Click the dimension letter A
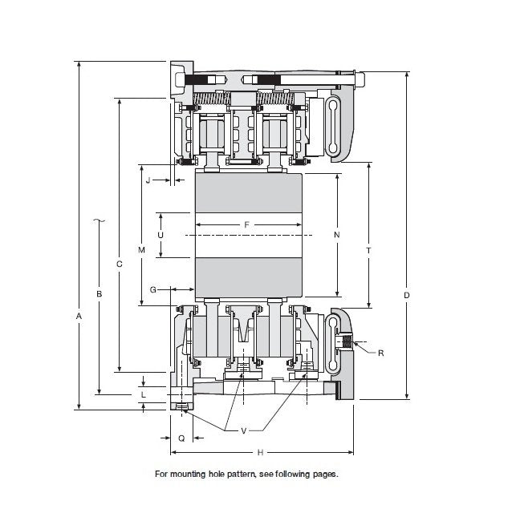[x=79, y=317]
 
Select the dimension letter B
[x=99, y=294]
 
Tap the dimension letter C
[x=119, y=264]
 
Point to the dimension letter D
[x=407, y=296]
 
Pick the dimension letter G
[x=152, y=289]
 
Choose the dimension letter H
[x=260, y=452]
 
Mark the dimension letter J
[x=148, y=181]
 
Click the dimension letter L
[x=143, y=395]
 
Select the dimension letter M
[x=141, y=250]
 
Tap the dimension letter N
[x=337, y=235]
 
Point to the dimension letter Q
[x=181, y=438]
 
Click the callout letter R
[x=380, y=352]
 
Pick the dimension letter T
[x=368, y=251]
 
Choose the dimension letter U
[x=160, y=235]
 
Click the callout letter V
[x=244, y=430]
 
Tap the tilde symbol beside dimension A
[x=99, y=219]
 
